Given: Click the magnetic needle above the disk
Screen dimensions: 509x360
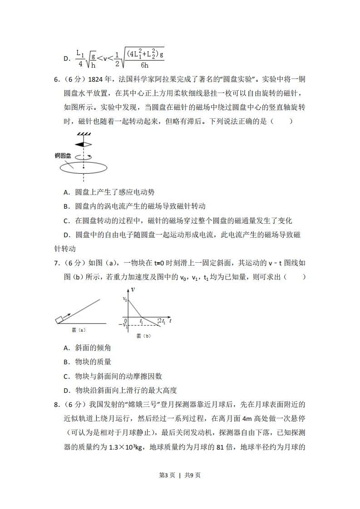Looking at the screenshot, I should pyautogui.click(x=84, y=144).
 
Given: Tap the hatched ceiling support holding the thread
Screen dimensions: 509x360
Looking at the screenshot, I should pyautogui.click(x=84, y=134).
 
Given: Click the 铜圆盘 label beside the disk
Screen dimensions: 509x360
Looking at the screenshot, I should pyautogui.click(x=63, y=156).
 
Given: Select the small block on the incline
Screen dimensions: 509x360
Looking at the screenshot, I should pyautogui.click(x=59, y=319).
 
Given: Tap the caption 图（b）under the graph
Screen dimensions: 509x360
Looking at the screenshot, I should pyautogui.click(x=143, y=336).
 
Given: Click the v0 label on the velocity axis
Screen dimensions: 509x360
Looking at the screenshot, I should pyautogui.click(x=125, y=299).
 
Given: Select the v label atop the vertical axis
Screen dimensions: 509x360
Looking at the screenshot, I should pyautogui.click(x=133, y=289).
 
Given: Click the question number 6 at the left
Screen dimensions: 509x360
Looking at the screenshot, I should pyautogui.click(x=56, y=80).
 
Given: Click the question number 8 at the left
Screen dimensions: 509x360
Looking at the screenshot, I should pyautogui.click(x=56, y=405).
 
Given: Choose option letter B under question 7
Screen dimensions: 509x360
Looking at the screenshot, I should pyautogui.click(x=66, y=362).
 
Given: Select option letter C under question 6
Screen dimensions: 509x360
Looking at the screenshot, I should pyautogui.click(x=66, y=221).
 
